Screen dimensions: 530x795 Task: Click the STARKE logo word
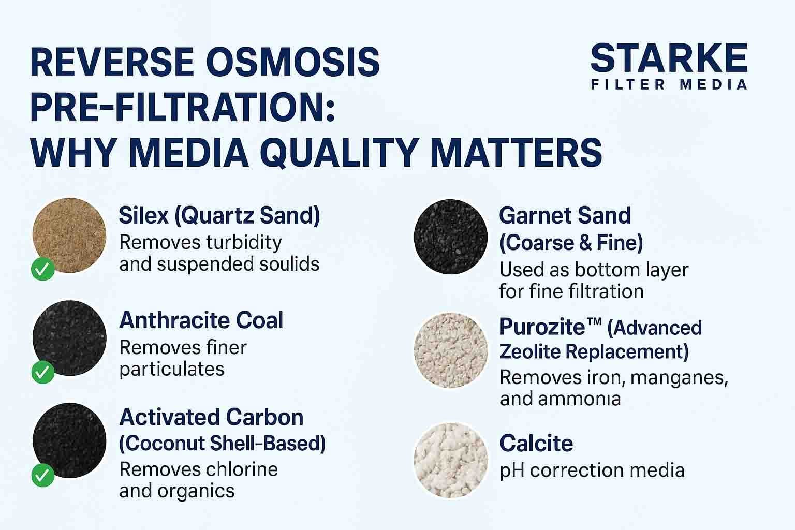pos(669,58)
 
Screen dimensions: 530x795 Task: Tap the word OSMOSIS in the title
pos(293,62)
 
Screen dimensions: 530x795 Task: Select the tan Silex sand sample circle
pos(69,235)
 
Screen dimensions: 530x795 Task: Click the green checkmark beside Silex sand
pos(43,269)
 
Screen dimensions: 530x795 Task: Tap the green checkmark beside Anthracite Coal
pos(43,372)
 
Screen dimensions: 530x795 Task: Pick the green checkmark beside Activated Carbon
pos(43,475)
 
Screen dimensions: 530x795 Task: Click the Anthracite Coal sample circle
pos(69,337)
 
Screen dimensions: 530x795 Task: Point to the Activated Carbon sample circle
pos(69,440)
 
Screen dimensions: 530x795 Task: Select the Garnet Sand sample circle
pos(450,237)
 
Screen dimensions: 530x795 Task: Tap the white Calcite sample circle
pos(450,460)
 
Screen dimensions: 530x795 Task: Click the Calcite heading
pos(536,444)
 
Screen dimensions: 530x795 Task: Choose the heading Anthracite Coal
pos(201,320)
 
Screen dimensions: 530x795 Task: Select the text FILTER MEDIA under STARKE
pos(669,84)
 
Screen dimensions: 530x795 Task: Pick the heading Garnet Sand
pos(565,215)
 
